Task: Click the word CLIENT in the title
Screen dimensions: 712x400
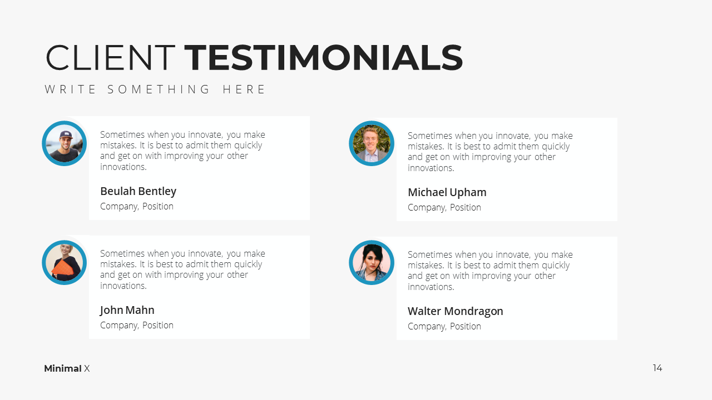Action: click(x=110, y=57)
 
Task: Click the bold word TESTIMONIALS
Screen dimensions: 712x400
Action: click(x=324, y=57)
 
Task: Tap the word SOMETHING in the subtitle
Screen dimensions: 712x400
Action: click(x=159, y=89)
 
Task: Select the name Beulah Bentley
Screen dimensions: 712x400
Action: click(x=139, y=192)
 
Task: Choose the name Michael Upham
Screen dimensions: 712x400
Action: click(x=447, y=192)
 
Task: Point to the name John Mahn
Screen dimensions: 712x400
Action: click(x=127, y=310)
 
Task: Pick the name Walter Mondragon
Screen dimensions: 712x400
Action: click(x=455, y=312)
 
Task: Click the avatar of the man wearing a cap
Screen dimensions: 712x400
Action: click(x=64, y=143)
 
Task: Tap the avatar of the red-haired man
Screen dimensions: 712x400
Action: click(x=372, y=143)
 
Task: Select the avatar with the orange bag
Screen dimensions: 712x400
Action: click(x=64, y=263)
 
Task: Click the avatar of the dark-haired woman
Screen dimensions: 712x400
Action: click(x=372, y=263)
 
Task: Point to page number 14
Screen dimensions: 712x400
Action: click(x=657, y=368)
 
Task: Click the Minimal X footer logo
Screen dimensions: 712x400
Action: click(x=67, y=368)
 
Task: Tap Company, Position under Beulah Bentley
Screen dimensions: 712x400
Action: click(x=137, y=207)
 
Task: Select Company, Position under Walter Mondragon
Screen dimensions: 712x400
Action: click(x=444, y=327)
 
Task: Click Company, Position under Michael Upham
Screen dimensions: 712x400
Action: click(x=444, y=208)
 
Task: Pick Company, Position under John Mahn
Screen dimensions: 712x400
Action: click(x=137, y=326)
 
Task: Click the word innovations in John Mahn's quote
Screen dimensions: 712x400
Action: click(x=123, y=286)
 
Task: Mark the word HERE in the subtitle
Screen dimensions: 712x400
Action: click(x=244, y=89)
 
